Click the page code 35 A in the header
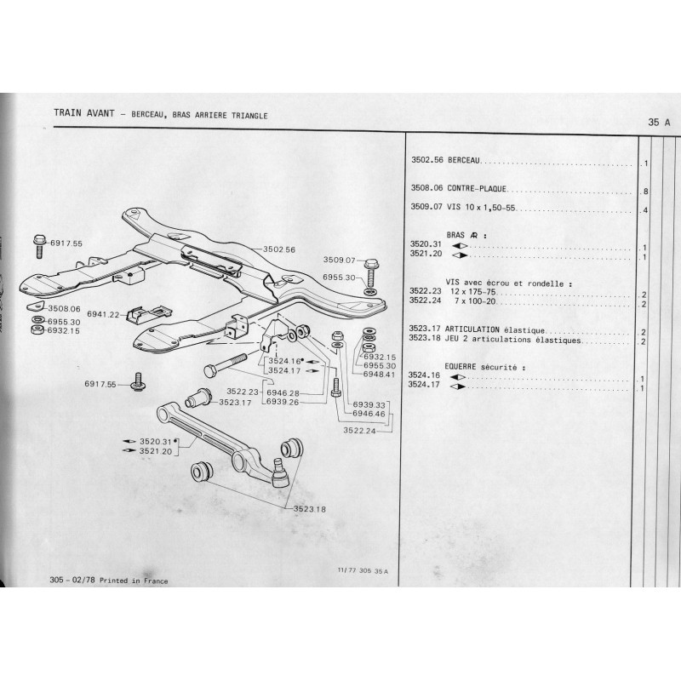click(x=659, y=122)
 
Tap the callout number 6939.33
click(x=372, y=404)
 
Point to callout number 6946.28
click(x=282, y=392)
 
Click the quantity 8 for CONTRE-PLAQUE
click(x=647, y=192)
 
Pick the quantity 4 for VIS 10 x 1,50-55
click(x=647, y=210)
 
